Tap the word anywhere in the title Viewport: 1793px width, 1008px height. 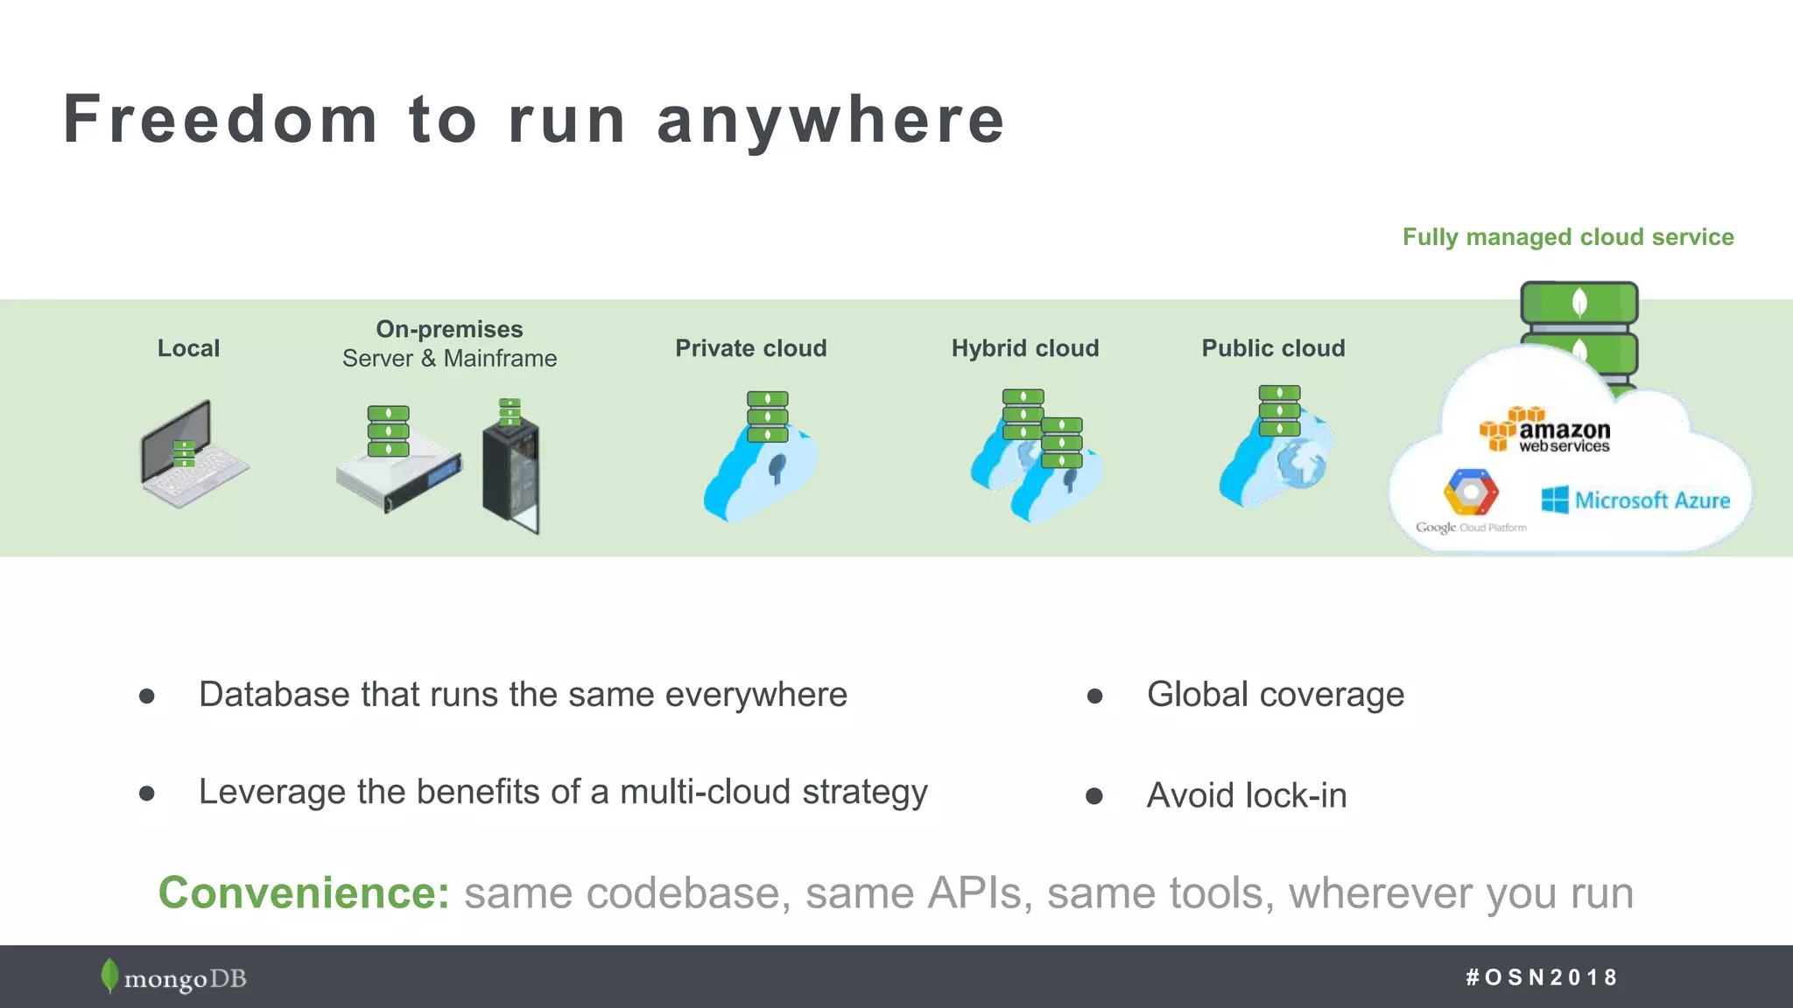pos(830,120)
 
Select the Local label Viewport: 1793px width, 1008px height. pos(188,348)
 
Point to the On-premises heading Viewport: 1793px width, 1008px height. pos(449,329)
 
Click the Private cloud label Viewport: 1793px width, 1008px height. pos(750,348)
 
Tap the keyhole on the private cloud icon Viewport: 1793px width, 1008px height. pos(776,470)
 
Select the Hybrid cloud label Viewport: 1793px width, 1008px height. pos(1024,348)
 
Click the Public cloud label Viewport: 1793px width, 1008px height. pos(1273,348)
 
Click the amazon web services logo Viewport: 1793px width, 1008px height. pos(1545,430)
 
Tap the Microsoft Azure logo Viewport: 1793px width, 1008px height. pos(1635,500)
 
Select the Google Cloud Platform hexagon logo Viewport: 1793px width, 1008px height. pos(1471,493)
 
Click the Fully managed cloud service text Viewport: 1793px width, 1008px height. pos(1568,237)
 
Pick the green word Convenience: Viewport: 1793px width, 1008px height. pos(304,893)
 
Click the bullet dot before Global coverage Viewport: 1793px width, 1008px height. pos(1094,696)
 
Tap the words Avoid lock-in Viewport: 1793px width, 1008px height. pos(1247,795)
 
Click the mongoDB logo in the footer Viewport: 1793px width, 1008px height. pos(173,977)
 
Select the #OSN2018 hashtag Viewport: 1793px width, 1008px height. pos(1541,977)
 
